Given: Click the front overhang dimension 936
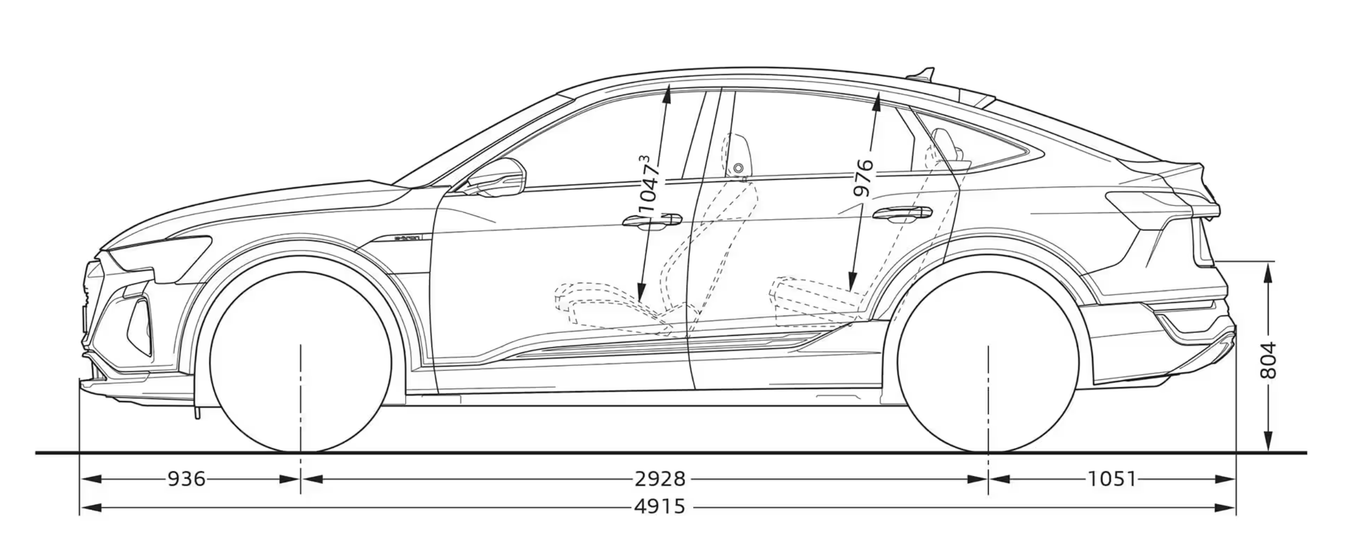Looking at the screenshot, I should (x=186, y=479).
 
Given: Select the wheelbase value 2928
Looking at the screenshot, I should (x=660, y=479).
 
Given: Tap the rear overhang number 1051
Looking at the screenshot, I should (x=1111, y=479).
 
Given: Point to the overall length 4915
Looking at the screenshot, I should (x=660, y=507).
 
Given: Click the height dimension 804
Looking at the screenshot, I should (x=1269, y=361).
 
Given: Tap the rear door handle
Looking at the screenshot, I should (x=902, y=214).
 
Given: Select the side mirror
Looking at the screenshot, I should (x=498, y=178).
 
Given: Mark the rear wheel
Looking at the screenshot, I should (x=988, y=362).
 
